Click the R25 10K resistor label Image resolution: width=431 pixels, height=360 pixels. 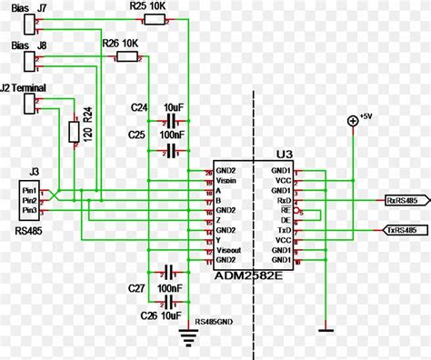(x=146, y=6)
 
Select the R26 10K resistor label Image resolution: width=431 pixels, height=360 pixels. (x=120, y=43)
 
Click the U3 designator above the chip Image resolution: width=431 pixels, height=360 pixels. (x=282, y=156)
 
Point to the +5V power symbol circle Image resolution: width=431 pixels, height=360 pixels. (x=352, y=122)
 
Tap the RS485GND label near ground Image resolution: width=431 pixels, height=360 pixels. (x=215, y=322)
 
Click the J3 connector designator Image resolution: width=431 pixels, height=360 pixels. (x=33, y=170)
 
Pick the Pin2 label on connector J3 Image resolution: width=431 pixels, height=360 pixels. (x=30, y=199)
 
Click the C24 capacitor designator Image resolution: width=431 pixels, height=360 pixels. (x=139, y=106)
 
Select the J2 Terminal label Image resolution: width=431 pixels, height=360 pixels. (x=30, y=88)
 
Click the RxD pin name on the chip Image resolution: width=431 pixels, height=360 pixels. (x=283, y=200)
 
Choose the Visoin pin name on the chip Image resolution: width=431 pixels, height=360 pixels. (x=226, y=181)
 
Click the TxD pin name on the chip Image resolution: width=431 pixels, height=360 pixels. (x=283, y=231)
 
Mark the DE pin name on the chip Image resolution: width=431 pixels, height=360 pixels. (x=285, y=221)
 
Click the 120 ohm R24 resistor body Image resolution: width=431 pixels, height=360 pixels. (x=75, y=133)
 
